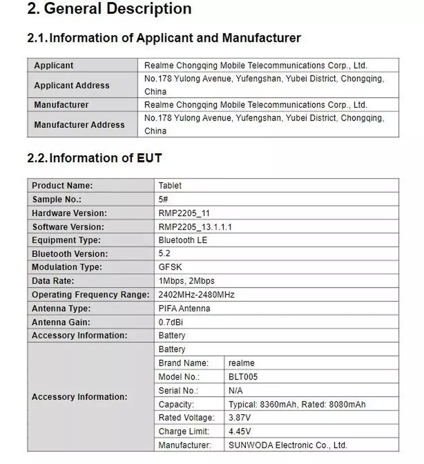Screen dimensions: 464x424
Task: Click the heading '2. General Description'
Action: [109, 9]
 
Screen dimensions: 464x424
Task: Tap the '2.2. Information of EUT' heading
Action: [94, 158]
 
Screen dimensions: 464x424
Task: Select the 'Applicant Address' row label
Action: [71, 85]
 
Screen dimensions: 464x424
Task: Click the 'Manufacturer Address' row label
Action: [79, 125]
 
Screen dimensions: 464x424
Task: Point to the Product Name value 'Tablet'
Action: [170, 186]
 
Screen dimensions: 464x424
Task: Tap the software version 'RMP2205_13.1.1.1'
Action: [195, 227]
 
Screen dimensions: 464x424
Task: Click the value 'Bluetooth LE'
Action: [183, 240]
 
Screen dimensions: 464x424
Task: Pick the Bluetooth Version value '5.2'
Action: [165, 254]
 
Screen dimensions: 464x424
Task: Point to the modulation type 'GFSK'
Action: [170, 267]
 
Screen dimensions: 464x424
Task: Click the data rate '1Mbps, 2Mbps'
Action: [187, 281]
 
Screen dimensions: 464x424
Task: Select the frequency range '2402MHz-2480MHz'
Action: [197, 295]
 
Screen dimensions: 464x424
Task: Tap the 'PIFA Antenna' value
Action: [184, 308]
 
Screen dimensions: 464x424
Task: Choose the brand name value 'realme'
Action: [241, 363]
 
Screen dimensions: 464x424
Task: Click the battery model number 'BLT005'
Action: [243, 377]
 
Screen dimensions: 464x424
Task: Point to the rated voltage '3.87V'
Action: [239, 418]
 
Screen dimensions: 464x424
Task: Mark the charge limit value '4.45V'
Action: [239, 432]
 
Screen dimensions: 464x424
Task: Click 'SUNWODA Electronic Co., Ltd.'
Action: [288, 445]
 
